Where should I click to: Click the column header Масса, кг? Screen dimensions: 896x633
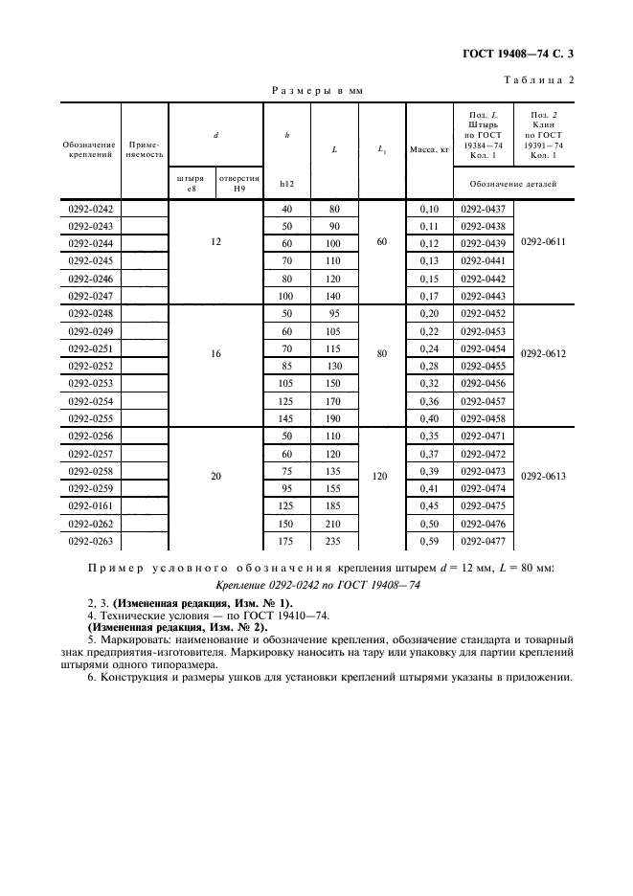429,149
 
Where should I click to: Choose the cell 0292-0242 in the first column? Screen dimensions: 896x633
90,208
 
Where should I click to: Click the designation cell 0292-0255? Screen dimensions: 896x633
90,418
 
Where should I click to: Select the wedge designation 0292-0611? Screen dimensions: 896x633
543,242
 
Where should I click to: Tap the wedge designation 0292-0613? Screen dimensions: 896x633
543,476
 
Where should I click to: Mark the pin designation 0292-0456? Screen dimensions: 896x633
483,383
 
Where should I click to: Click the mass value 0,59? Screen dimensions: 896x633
429,541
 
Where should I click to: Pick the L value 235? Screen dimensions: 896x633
334,541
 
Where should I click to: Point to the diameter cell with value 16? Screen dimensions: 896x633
215,353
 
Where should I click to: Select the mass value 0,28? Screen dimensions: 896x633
429,366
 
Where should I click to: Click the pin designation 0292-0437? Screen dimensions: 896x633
483,208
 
